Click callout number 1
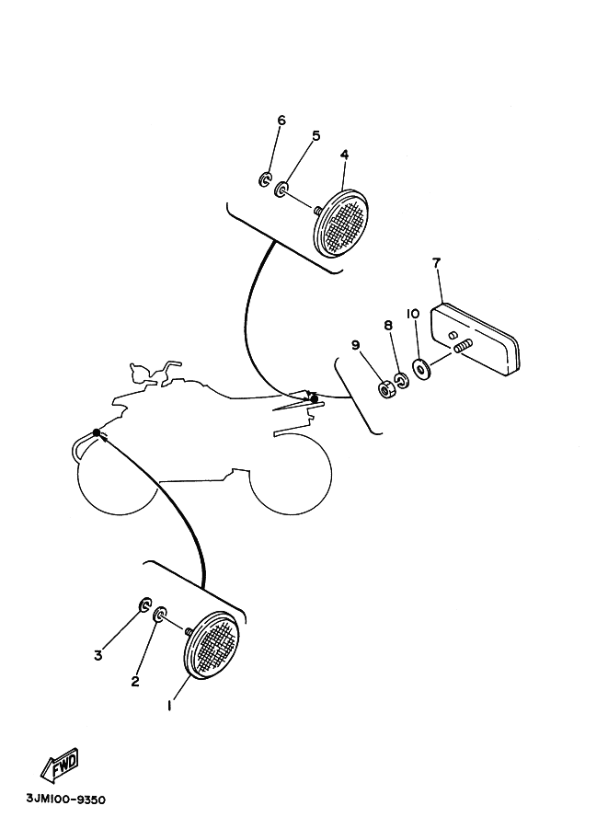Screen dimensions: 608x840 (169, 706)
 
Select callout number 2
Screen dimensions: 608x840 (135, 682)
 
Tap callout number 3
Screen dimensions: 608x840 (98, 655)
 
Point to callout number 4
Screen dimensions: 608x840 (344, 155)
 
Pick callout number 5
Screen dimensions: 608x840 (315, 136)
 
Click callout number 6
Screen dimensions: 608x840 (281, 121)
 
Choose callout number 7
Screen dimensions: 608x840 (437, 263)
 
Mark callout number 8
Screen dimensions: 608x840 (388, 326)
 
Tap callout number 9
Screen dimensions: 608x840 (355, 345)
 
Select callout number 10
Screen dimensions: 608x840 (413, 314)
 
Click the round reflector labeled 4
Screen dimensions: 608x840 (340, 223)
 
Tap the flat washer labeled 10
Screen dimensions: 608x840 (422, 370)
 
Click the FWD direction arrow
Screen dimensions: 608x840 (58, 765)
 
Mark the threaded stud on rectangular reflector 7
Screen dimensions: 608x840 (461, 346)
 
